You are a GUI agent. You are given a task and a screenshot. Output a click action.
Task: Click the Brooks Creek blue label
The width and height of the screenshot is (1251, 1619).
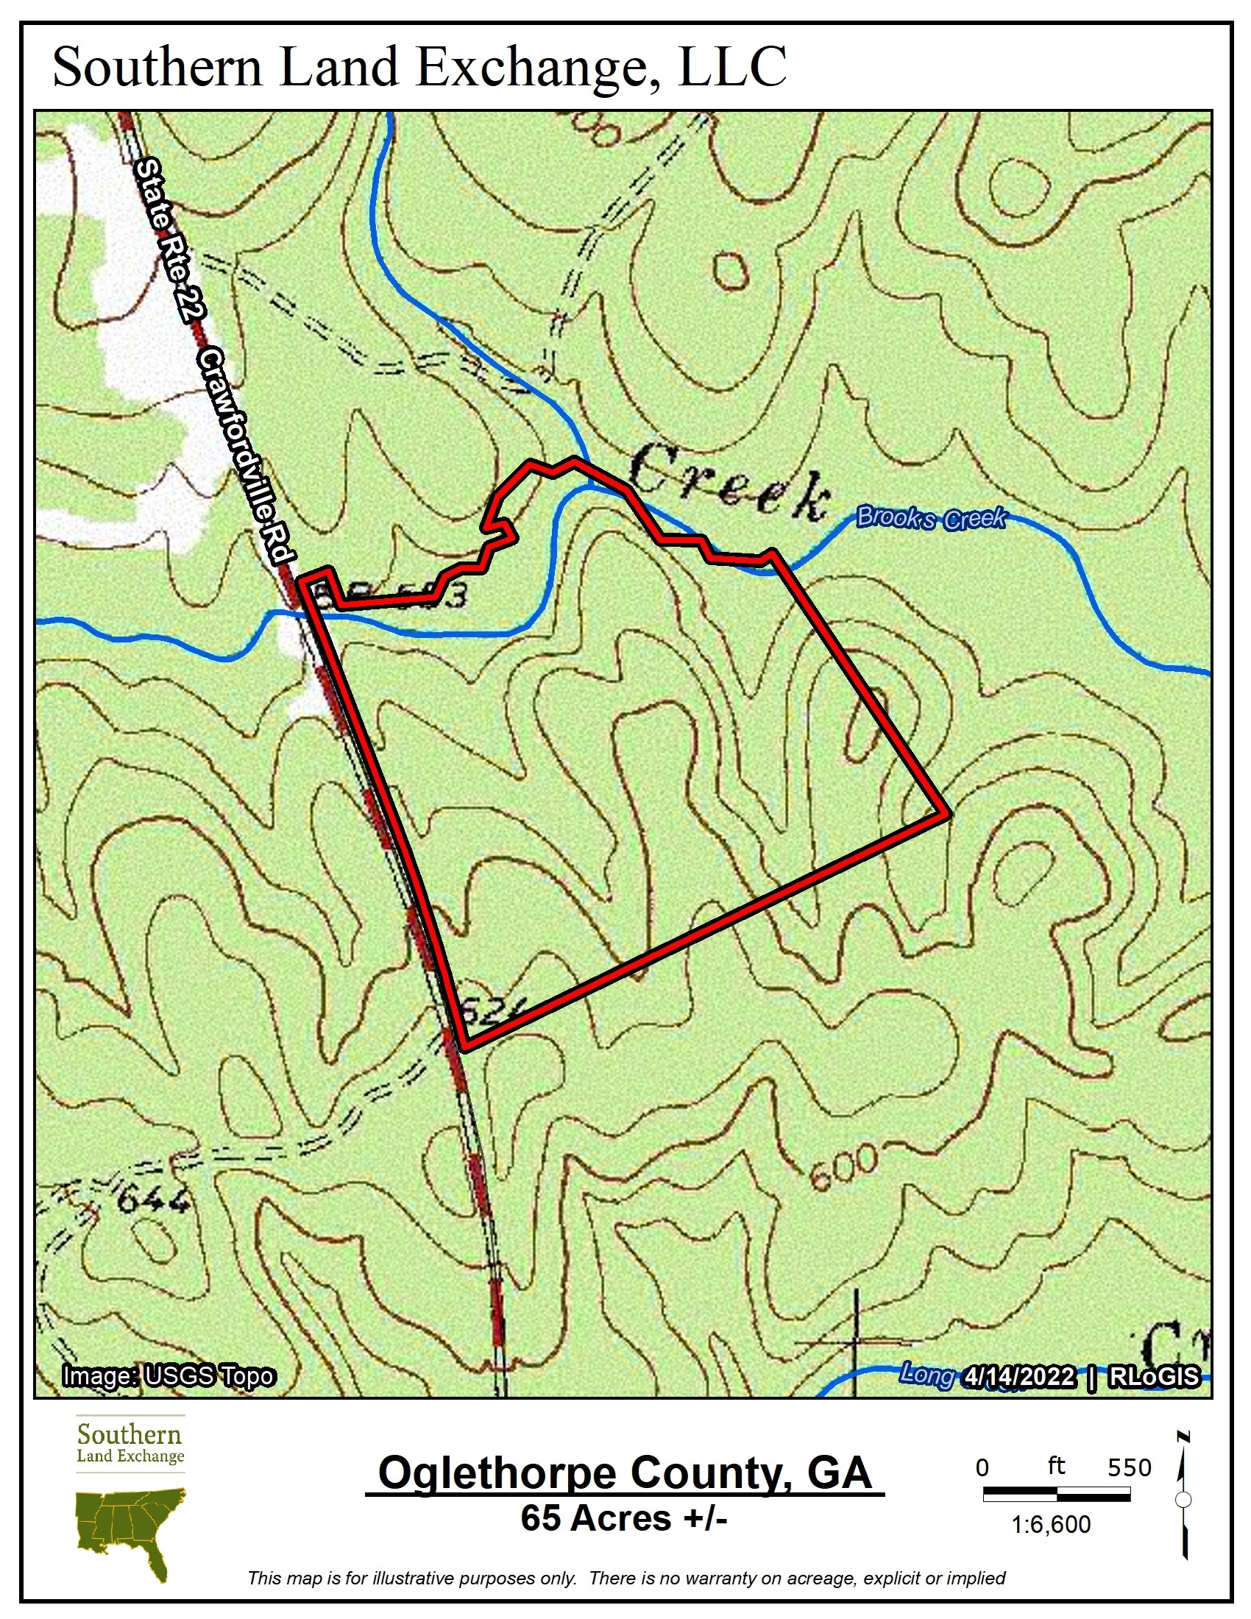coord(931,517)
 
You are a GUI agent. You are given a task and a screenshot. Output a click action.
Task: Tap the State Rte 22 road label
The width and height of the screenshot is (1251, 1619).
coord(169,241)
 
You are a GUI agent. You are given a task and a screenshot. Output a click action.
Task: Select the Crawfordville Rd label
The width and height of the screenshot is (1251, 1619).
coord(247,455)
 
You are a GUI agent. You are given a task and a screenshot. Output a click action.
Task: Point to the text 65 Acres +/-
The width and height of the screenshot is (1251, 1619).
coord(623,1517)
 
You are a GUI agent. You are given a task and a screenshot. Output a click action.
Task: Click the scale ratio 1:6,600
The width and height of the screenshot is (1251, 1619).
coord(1050,1524)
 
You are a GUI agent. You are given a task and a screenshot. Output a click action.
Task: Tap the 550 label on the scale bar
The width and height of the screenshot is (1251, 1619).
coord(1129,1468)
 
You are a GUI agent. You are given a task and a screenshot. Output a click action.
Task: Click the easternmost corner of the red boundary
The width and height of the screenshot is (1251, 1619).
coord(946,814)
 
